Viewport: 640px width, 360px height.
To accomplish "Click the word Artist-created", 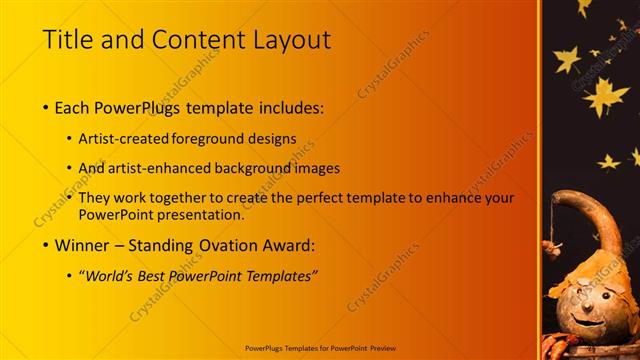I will (x=123, y=138).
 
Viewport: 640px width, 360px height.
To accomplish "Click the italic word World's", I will (x=111, y=276).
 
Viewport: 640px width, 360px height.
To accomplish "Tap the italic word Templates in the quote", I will (x=276, y=276).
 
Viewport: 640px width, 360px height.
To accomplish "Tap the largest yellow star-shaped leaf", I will (x=605, y=97).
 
